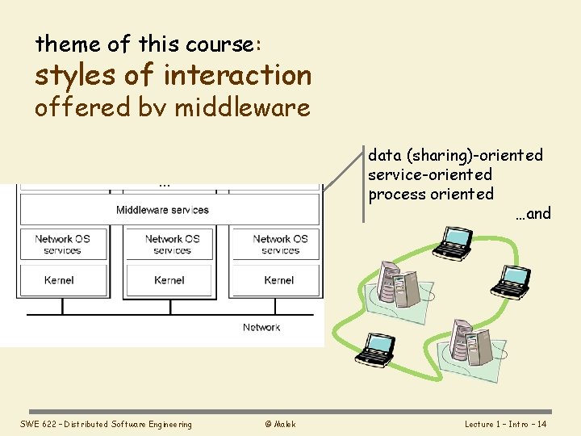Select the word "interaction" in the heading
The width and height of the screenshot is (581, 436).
(x=236, y=75)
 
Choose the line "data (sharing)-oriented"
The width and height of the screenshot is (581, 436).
(x=455, y=154)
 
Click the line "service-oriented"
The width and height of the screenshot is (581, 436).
(x=430, y=174)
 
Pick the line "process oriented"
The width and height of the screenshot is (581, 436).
(x=431, y=194)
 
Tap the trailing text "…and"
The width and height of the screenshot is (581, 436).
(x=533, y=213)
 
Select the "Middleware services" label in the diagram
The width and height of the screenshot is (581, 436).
(x=162, y=210)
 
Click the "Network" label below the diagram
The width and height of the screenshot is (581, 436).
(x=261, y=327)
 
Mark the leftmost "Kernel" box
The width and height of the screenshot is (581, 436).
(x=59, y=280)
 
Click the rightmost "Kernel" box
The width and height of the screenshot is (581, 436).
(x=279, y=280)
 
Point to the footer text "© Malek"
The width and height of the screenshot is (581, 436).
(x=279, y=424)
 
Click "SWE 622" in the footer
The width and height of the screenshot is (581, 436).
(x=36, y=424)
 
